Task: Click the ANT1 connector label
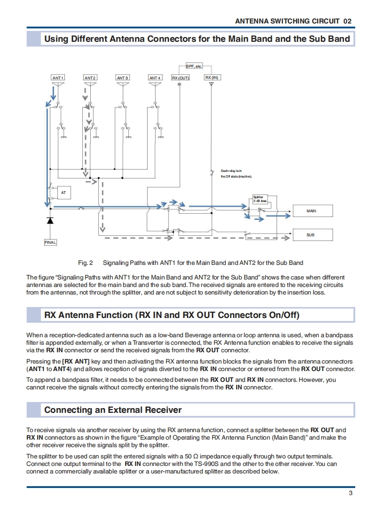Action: click(58, 77)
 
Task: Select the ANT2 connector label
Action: click(90, 77)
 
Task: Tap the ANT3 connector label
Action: click(122, 77)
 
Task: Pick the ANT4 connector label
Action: click(155, 77)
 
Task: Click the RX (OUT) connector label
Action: click(180, 77)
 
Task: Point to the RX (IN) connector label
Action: click(212, 77)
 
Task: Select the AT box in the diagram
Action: click(63, 193)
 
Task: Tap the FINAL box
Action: click(50, 242)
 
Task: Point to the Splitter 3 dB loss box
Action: click(260, 199)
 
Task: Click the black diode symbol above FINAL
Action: click(50, 220)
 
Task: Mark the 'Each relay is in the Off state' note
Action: click(237, 173)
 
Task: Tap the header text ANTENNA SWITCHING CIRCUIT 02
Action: click(293, 21)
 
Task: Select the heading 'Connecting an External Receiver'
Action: click(113, 410)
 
